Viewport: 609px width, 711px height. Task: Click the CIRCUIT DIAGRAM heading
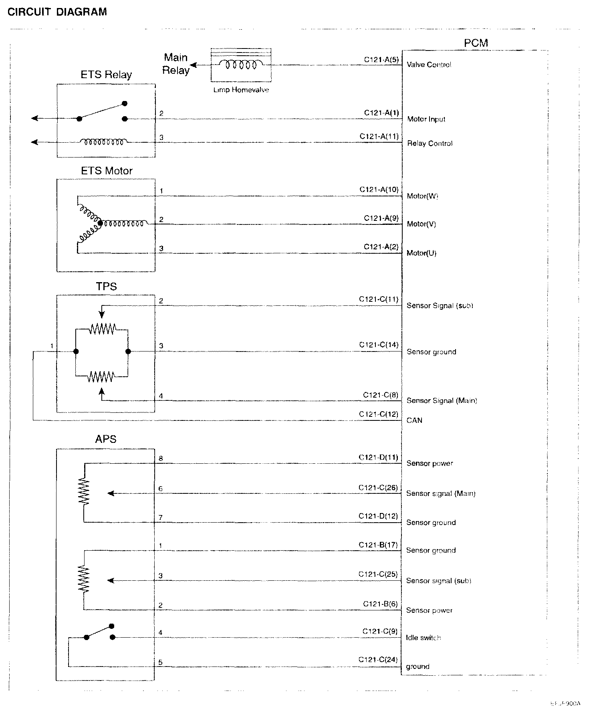[57, 12]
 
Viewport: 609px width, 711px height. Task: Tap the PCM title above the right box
[476, 43]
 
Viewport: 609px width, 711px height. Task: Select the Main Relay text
[176, 64]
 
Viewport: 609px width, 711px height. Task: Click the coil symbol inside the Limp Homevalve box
[241, 65]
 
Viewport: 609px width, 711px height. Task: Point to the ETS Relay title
[106, 75]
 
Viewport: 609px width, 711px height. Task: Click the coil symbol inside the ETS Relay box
[104, 141]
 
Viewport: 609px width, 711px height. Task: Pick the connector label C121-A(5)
[381, 60]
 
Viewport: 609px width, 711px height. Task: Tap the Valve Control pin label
[429, 65]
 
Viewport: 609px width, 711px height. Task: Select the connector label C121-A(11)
[379, 136]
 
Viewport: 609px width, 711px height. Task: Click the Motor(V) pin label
[421, 224]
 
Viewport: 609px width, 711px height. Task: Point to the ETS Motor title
[107, 171]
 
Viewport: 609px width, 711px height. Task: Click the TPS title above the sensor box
[106, 287]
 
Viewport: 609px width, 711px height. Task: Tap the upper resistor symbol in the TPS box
[102, 329]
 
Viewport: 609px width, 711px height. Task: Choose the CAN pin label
[414, 420]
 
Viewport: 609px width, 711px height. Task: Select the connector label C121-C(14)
[379, 345]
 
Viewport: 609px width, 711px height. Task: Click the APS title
[106, 439]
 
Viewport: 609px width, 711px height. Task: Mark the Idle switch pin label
[423, 638]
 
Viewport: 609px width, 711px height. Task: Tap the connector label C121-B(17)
[378, 545]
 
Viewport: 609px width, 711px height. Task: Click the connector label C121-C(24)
[378, 660]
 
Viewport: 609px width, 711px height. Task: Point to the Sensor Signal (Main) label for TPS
[442, 400]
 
